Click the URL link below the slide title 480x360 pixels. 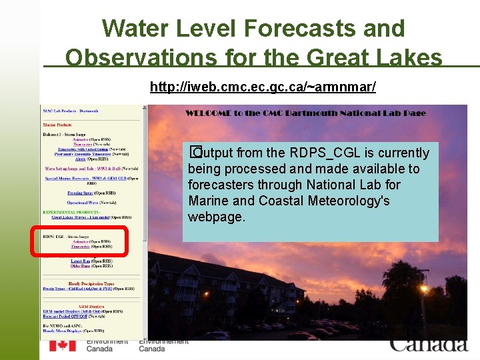click(x=263, y=87)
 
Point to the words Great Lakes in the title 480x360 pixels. click(x=375, y=58)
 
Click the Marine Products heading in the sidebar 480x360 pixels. click(x=57, y=125)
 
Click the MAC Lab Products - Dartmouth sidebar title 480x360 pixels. click(x=70, y=111)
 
